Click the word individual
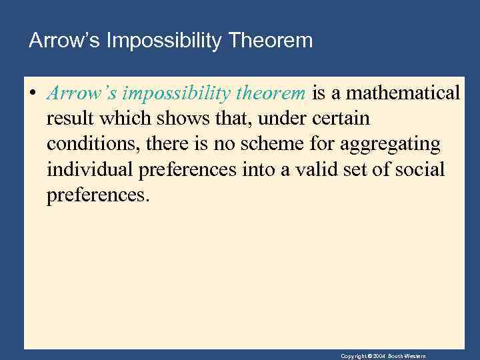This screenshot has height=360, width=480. [x=90, y=169]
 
